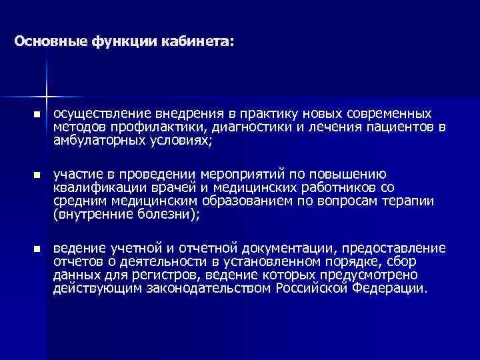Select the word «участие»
78,174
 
